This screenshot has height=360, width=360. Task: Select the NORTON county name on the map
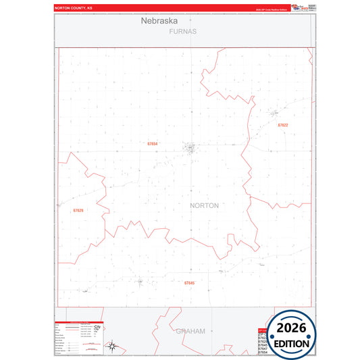tap(205, 205)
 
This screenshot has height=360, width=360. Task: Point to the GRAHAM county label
tap(190, 331)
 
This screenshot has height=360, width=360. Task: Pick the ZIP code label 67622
tap(282, 125)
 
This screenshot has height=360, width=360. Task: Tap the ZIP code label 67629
tap(78, 211)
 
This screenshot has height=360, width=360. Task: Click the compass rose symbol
tap(113, 348)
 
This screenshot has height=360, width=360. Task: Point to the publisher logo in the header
tap(297, 7)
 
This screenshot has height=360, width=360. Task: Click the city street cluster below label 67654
tap(191, 148)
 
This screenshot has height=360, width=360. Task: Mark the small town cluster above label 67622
tap(274, 113)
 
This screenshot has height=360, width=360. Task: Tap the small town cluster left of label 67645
tap(140, 282)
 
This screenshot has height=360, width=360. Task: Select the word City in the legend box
tap(97, 327)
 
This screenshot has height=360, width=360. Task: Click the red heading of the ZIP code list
tap(263, 330)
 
